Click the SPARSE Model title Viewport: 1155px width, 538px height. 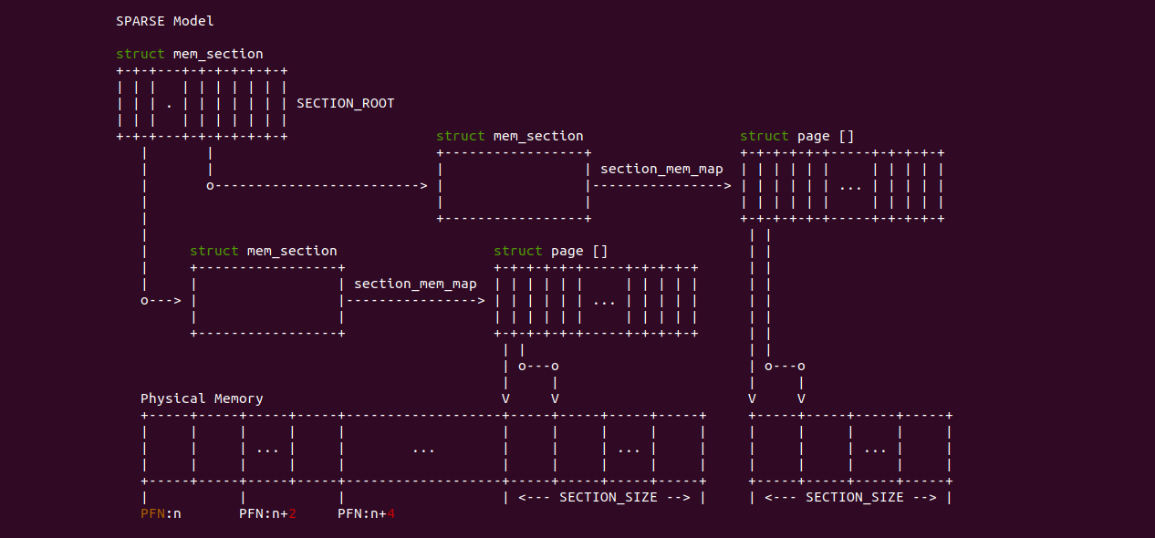(165, 21)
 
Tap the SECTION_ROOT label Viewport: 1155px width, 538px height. (346, 103)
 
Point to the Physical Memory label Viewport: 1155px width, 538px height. (202, 398)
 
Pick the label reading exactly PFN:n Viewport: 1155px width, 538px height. (161, 513)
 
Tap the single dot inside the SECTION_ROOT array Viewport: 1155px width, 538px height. (170, 104)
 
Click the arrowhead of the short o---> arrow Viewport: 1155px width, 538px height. (177, 300)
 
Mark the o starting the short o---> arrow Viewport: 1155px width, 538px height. (144, 300)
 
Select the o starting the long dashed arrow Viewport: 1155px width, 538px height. (210, 186)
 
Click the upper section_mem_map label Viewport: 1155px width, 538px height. (661, 169)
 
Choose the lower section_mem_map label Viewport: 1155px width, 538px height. (415, 284)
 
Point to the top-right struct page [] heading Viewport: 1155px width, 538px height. (797, 136)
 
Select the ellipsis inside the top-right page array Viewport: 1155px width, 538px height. (850, 186)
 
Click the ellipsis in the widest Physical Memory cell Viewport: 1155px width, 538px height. (423, 449)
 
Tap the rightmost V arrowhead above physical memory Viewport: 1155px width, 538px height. (801, 398)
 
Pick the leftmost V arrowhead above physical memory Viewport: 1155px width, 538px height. (505, 398)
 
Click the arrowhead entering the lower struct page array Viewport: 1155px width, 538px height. (481, 300)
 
